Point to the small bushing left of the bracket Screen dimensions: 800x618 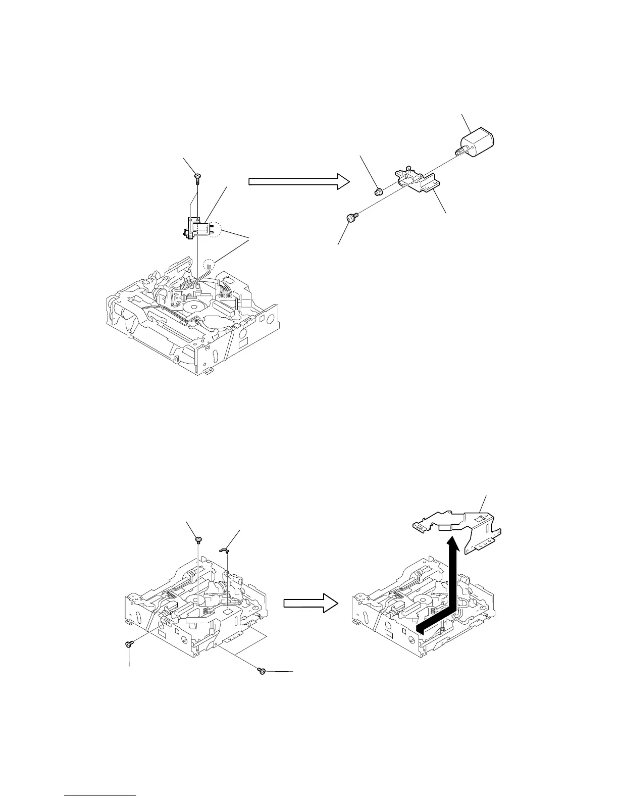pyautogui.click(x=377, y=191)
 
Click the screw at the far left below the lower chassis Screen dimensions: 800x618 pyautogui.click(x=128, y=644)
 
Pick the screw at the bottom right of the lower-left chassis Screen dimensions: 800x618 pyautogui.click(x=262, y=671)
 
